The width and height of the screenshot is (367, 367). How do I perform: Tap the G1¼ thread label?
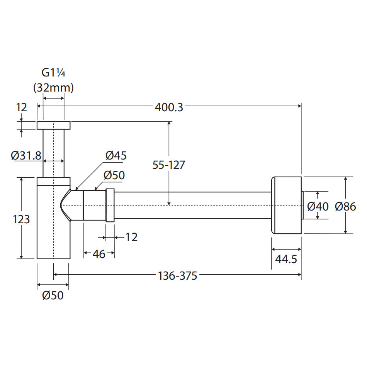53,73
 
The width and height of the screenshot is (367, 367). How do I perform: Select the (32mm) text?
53,88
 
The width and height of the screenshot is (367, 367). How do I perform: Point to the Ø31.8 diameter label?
26,156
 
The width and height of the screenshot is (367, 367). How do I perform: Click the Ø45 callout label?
116,155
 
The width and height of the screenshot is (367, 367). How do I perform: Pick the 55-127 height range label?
168,165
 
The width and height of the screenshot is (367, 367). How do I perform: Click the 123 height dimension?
21,219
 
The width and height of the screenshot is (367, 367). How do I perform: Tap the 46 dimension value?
99,254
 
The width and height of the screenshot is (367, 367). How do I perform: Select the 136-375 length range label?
177,276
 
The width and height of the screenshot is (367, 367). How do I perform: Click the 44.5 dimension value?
286,259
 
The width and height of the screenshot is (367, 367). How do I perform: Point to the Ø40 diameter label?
318,206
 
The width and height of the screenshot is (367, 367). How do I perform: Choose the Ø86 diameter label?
345,206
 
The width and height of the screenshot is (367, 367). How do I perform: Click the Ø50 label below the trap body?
53,296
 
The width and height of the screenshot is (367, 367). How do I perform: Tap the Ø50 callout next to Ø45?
114,175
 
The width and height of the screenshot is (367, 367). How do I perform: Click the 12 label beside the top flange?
22,107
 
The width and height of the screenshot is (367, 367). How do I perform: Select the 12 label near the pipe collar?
131,237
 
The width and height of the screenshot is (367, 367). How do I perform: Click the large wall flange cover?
286,205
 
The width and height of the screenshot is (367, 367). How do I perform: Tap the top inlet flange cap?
54,125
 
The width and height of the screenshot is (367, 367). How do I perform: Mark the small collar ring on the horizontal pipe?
110,205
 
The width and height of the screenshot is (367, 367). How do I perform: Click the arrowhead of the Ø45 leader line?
76,188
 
